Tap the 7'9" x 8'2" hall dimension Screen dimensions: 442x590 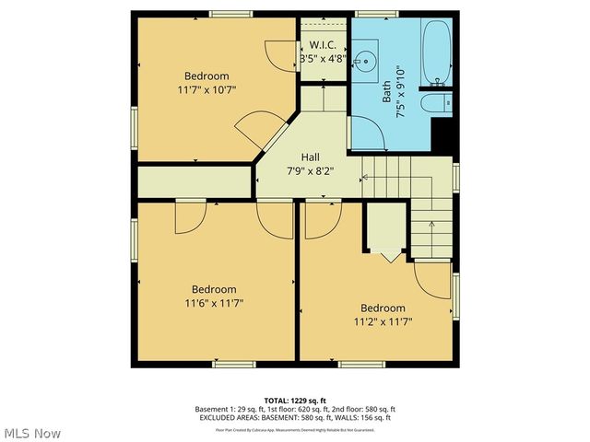point(309,170)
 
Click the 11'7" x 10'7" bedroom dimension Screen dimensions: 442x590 point(206,90)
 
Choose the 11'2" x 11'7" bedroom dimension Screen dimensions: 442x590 point(382,321)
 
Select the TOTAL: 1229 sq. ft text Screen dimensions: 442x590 point(294,401)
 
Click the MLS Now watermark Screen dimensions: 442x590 point(32,433)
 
